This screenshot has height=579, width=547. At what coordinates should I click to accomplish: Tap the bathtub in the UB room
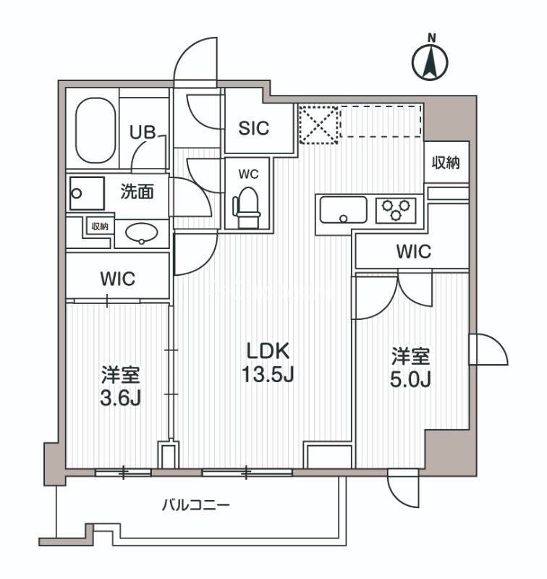[x=96, y=130]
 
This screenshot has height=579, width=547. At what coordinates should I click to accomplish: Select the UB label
[x=142, y=132]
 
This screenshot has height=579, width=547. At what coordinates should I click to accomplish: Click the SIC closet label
[x=254, y=128]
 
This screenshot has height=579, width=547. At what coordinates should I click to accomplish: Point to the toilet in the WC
[x=246, y=202]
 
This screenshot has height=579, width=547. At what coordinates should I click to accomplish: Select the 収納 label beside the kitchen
[x=446, y=164]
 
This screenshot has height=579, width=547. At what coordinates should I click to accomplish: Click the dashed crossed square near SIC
[x=318, y=124]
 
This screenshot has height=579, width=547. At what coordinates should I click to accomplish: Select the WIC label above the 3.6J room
[x=118, y=279]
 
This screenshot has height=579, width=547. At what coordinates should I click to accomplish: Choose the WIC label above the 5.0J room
[x=413, y=253]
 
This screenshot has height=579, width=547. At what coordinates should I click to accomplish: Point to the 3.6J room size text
[x=119, y=398]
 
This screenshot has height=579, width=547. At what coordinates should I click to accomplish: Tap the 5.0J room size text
[x=411, y=379]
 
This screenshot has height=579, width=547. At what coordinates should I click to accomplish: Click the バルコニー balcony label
[x=195, y=504]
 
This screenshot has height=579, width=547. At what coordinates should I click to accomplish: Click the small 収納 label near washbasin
[x=99, y=227]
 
